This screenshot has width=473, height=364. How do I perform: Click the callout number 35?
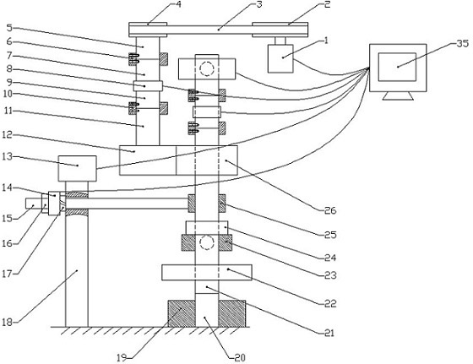coord(463,44)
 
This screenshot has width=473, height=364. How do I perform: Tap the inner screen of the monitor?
coord(397,67)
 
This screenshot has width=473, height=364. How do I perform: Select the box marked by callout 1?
coord(280,58)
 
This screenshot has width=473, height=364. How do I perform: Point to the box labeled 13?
coord(77,169)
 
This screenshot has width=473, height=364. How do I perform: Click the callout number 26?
coord(330,210)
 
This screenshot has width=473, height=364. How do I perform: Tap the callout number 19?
coord(122,358)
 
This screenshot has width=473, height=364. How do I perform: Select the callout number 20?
coord(240,358)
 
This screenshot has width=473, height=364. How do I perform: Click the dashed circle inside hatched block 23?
coord(207,242)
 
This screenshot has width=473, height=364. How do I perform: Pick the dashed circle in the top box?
coord(207,68)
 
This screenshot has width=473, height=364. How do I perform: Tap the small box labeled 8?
coord(148,86)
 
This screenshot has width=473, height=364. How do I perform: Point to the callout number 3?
coord(258,4)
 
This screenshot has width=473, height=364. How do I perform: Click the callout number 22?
coord(330,303)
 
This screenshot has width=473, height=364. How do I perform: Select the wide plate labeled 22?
coord(207,273)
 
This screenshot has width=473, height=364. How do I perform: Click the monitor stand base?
coord(398,95)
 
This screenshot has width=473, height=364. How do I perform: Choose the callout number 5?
coord(9,28)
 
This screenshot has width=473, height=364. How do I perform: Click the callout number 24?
coord(330,258)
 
